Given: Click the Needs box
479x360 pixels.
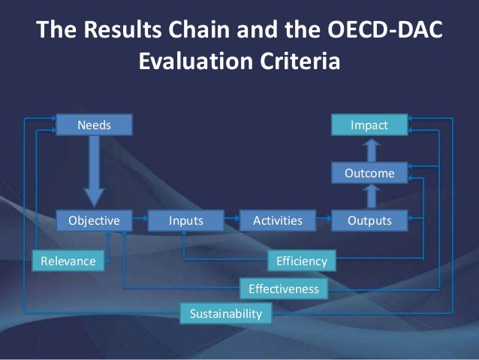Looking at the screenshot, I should pos(95,125).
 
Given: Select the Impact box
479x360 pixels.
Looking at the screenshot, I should pos(369,125).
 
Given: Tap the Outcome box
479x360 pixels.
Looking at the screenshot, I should pos(369,174).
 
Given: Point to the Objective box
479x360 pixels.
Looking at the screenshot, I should pos(95,220).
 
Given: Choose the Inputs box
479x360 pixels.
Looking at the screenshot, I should pos(185,220).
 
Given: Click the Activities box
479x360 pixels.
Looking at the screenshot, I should pos(278,220).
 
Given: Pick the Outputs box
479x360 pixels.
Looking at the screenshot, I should pos(369,220).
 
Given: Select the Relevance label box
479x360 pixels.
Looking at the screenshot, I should pos(68,261).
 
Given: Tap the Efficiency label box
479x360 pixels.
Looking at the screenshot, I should pos(302,261).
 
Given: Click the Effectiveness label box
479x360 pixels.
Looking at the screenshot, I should pos(283,289).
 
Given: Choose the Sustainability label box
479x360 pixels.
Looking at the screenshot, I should pos(226,313).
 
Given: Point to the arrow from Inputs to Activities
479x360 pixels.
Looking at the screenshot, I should pos(231,220).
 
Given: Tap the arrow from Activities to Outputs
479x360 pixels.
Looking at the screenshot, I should pos(324,220).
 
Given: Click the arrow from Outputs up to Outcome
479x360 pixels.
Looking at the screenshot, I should pos(369,197).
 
